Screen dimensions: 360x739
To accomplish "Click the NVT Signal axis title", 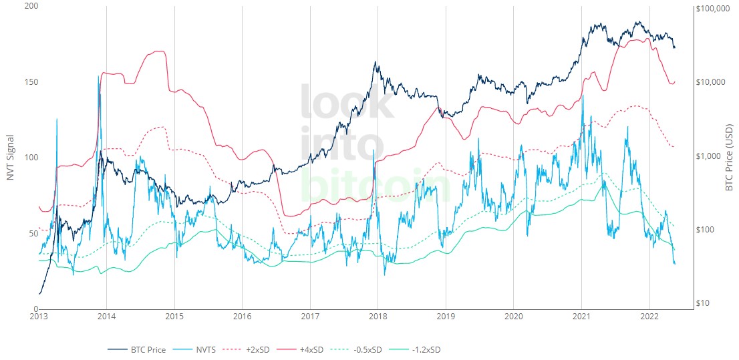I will click(10, 158).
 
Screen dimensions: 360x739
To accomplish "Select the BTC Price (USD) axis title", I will click(730, 158).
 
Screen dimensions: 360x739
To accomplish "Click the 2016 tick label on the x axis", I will click(243, 316).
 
